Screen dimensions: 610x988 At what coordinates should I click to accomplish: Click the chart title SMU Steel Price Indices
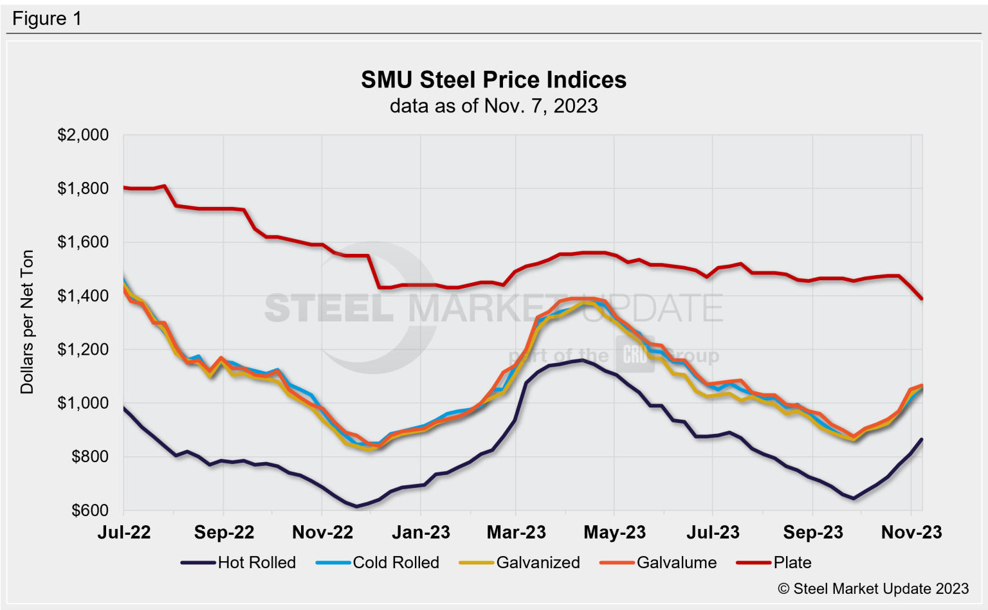tap(493, 80)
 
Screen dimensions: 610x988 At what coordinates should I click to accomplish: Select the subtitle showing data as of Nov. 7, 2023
tap(493, 105)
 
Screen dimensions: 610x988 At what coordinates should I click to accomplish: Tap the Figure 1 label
tap(47, 19)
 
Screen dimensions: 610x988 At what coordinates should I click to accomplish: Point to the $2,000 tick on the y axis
tap(83, 135)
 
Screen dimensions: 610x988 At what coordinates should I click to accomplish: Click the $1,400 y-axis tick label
tap(83, 296)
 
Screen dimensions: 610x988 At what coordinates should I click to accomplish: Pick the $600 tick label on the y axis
tap(89, 510)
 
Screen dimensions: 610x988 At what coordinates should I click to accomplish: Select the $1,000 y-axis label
tap(83, 403)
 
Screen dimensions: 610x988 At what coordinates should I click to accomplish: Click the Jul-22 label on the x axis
tap(124, 532)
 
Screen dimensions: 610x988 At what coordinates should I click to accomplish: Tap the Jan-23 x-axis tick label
tap(421, 532)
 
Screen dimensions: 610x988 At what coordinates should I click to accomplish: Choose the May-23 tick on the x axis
tap(614, 532)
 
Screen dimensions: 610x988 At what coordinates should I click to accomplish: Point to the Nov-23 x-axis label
tap(911, 532)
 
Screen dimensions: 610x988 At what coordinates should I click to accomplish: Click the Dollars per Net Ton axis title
tap(27, 321)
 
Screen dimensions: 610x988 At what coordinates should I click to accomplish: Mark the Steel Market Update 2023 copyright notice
tap(873, 589)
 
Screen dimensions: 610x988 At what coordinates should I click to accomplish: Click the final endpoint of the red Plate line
tap(922, 299)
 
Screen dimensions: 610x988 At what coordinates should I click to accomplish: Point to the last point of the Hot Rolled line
tap(922, 439)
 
